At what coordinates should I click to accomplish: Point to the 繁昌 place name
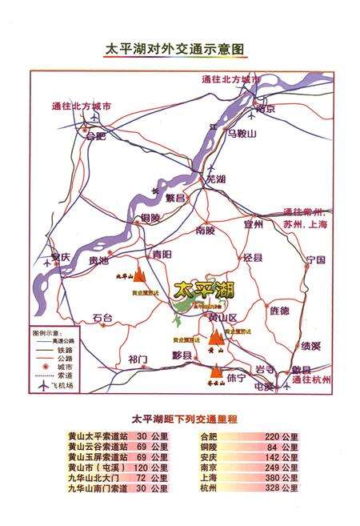pos(175,197)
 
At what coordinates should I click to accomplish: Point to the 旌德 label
pos(280,310)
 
